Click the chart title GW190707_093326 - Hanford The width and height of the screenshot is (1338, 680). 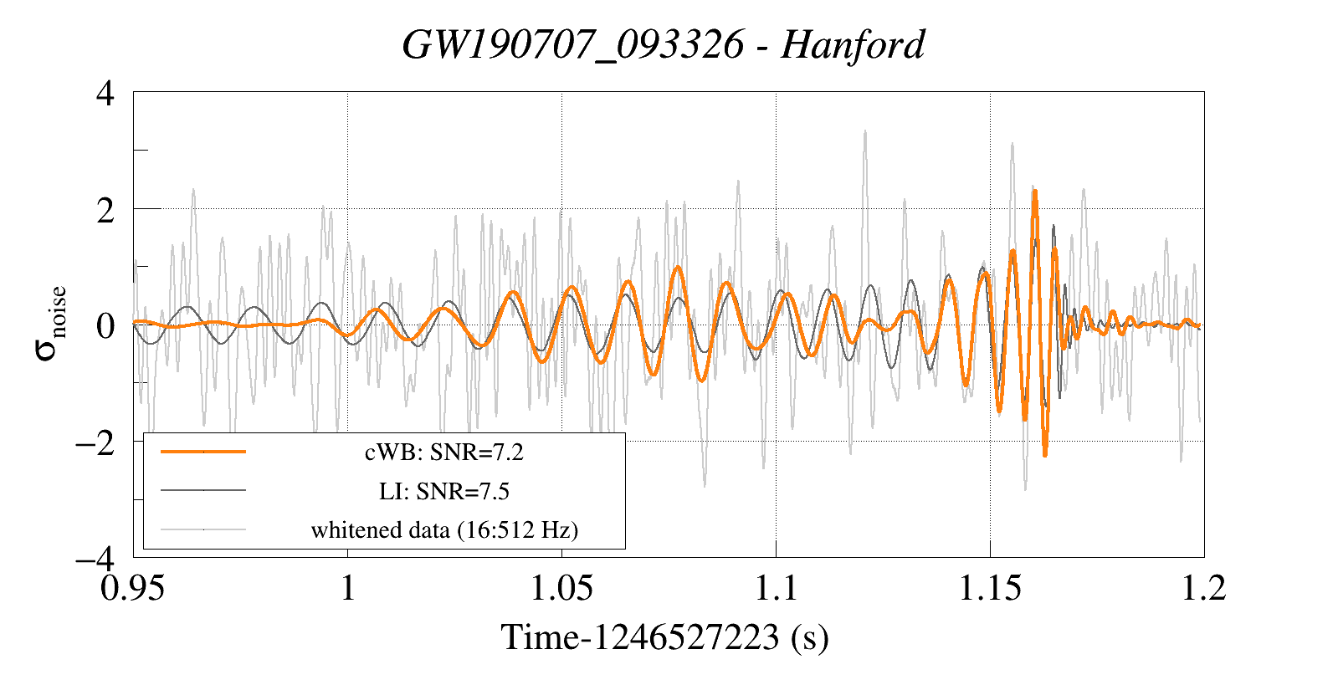click(x=664, y=44)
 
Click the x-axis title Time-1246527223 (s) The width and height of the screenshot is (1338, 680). click(x=664, y=637)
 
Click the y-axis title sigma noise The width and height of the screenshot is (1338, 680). click(x=50, y=324)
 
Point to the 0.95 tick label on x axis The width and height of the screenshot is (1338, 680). click(x=133, y=588)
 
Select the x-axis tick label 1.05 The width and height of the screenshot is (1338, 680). click(x=561, y=588)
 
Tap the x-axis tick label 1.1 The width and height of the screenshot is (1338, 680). click(x=776, y=588)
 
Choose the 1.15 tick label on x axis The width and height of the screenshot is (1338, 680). click(x=990, y=588)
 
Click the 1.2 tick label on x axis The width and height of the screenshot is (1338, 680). click(x=1203, y=588)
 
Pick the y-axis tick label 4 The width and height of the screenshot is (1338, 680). click(x=105, y=93)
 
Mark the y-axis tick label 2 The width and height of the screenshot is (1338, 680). click(x=105, y=209)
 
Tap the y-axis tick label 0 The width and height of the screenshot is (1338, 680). click(x=105, y=325)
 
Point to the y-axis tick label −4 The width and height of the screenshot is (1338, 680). click(x=95, y=557)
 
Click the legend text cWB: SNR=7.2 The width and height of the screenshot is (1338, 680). click(x=443, y=452)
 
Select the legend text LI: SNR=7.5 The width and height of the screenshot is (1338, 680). click(x=443, y=491)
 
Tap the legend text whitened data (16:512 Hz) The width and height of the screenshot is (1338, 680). click(x=444, y=529)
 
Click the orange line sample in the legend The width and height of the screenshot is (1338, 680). click(x=203, y=452)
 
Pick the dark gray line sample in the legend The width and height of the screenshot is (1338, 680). click(x=203, y=490)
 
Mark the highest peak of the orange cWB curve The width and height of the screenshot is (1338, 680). click(x=1035, y=192)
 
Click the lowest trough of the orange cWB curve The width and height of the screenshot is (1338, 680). click(x=1045, y=455)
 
